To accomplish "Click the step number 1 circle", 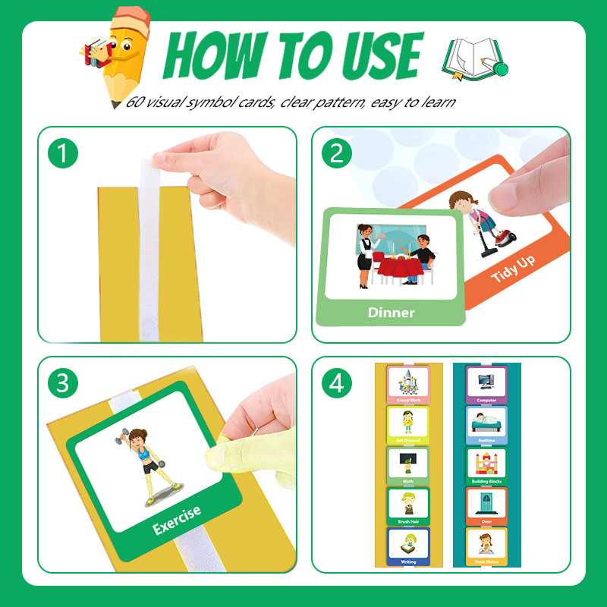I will (x=63, y=155).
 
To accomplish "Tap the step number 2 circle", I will (x=337, y=155).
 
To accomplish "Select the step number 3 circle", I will (x=63, y=383).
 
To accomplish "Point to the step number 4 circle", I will (x=337, y=383).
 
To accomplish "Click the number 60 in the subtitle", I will (x=134, y=102).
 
